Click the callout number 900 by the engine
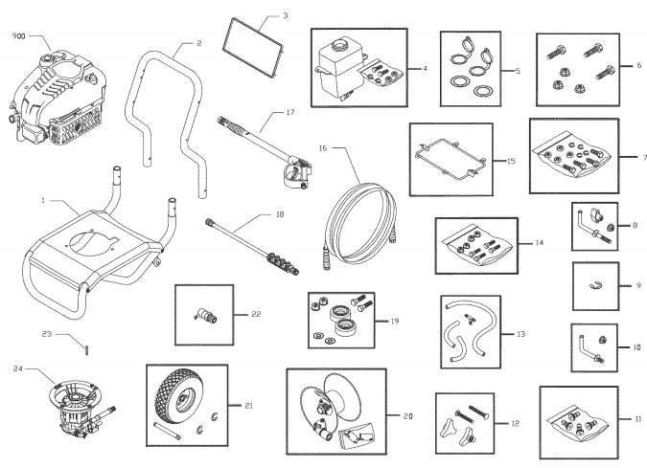(18, 35)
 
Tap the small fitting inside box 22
(204, 314)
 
